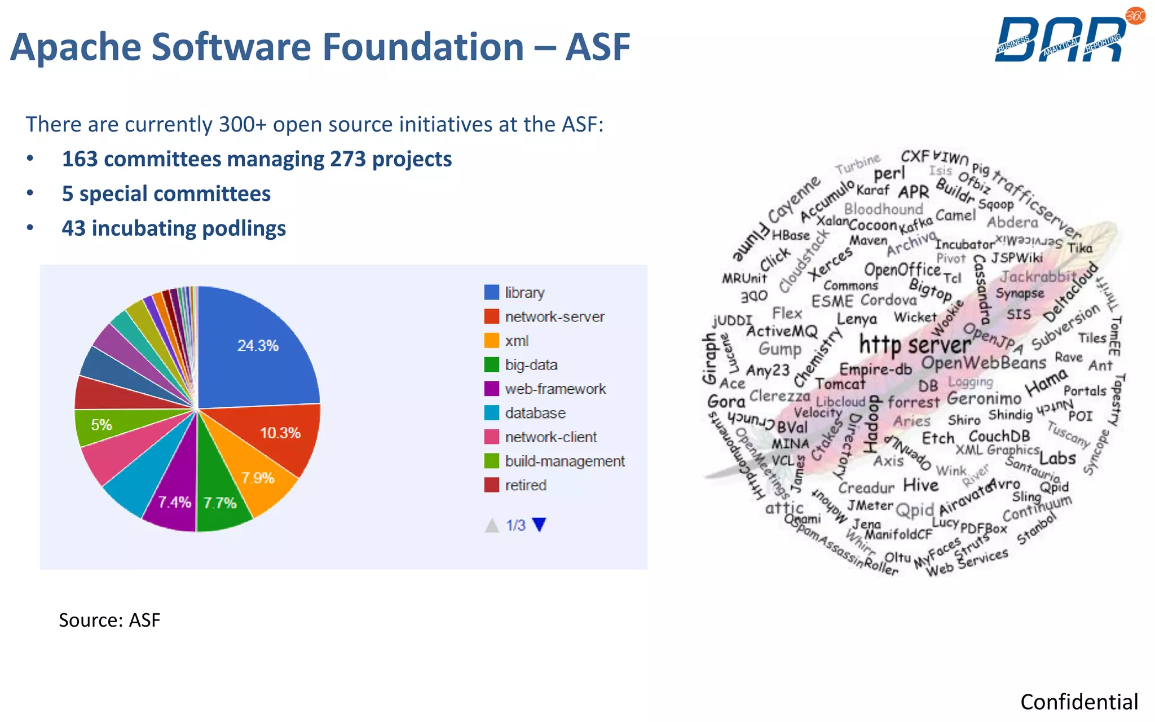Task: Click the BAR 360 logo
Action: pos(1066,37)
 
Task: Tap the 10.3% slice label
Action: pos(280,433)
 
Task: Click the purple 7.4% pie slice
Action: pos(172,496)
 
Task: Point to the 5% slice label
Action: pos(102,425)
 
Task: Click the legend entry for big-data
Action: pos(531,365)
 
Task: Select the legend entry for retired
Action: pos(525,485)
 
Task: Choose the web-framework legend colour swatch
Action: pos(492,389)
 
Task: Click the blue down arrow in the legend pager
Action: pos(539,525)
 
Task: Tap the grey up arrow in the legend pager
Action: pos(492,525)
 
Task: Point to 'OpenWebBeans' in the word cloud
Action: pos(984,363)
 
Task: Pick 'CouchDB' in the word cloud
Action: pos(999,437)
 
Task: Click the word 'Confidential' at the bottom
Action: pos(1079,702)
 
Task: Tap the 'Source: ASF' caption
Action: pos(109,620)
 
